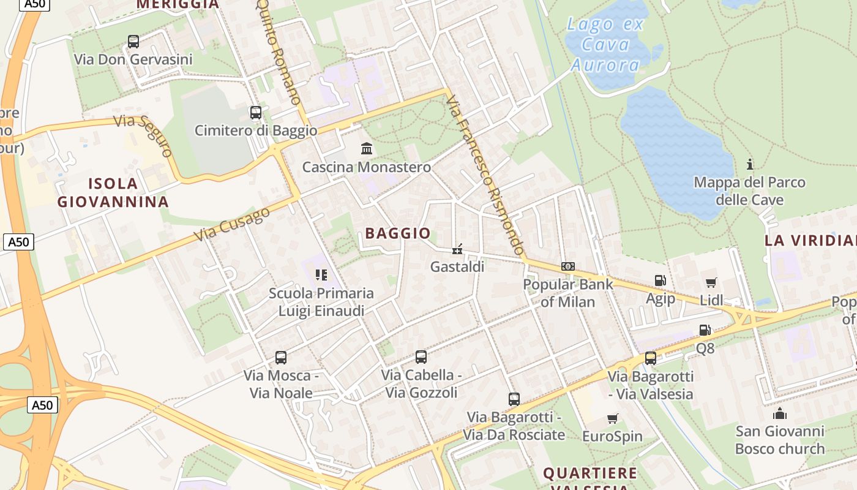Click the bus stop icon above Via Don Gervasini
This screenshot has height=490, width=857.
[x=133, y=42]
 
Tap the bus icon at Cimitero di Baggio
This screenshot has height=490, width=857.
[x=255, y=113]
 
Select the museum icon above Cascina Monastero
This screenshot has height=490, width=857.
[x=367, y=148]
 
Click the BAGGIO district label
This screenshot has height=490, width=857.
[x=398, y=233]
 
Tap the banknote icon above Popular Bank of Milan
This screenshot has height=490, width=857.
[x=567, y=266]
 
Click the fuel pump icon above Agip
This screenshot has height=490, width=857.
[x=660, y=281]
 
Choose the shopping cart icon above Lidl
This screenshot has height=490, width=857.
[x=711, y=282]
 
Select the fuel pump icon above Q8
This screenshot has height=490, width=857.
[x=705, y=330]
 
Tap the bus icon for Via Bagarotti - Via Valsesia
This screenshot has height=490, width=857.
[x=650, y=358]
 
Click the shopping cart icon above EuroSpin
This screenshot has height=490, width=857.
[x=612, y=418]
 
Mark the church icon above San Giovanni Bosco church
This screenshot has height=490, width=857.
[x=779, y=413]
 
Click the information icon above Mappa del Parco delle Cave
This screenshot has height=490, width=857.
[x=749, y=164]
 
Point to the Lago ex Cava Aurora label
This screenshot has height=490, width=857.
[x=605, y=44]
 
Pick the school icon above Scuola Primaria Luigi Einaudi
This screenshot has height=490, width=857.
[x=321, y=275]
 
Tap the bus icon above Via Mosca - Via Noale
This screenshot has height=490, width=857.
[x=280, y=357]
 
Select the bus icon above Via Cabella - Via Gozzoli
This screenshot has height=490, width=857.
[x=421, y=356]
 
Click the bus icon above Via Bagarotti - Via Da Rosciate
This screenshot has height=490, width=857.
[x=514, y=399]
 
